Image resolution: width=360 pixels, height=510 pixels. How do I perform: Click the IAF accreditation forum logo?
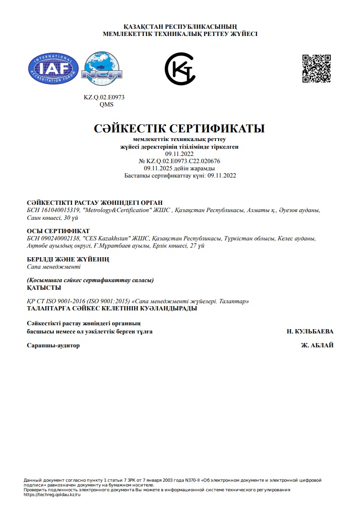54,69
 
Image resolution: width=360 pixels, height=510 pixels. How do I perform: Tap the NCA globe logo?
102,69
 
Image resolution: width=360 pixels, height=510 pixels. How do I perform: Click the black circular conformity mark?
180,69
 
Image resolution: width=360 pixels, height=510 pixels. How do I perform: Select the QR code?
316,69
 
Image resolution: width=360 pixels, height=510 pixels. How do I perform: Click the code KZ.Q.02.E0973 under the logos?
104,97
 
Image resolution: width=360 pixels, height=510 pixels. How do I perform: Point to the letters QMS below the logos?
106,104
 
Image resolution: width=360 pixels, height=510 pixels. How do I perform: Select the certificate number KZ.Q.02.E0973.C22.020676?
183,161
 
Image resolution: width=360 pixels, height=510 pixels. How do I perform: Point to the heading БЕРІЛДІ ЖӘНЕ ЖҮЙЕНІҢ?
68,260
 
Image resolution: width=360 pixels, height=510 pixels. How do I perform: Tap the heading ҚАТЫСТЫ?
44,287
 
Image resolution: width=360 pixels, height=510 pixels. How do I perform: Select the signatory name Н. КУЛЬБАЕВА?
310,332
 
